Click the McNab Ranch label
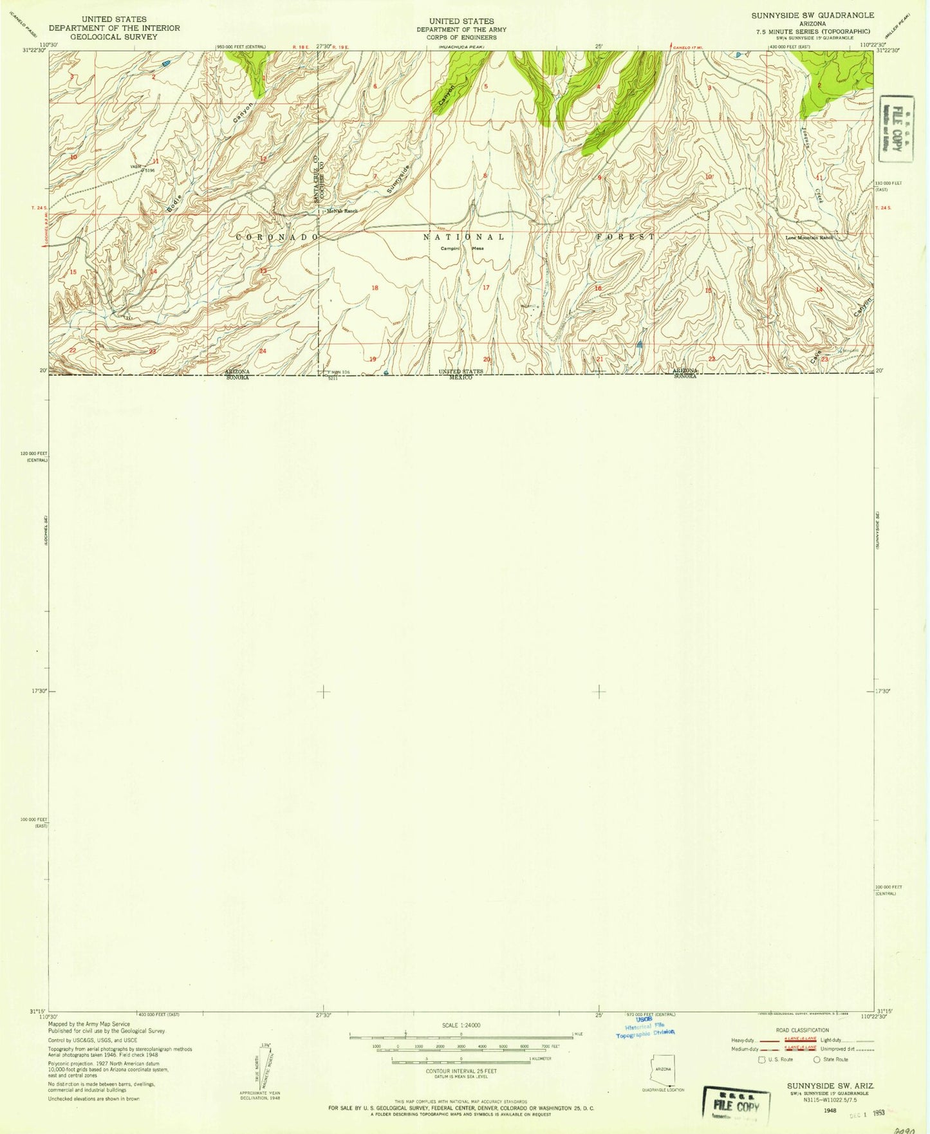tap(342, 210)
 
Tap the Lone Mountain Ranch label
tap(809, 237)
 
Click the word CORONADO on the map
tap(277, 237)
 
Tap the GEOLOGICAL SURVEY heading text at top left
tap(114, 37)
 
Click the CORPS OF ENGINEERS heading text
tap(461, 37)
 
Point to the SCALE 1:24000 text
tap(461, 1025)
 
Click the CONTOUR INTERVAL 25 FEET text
tap(460, 1070)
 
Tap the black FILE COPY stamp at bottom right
tap(736, 1106)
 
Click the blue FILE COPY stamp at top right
tap(893, 128)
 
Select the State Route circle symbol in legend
tap(817, 1059)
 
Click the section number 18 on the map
tap(375, 288)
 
